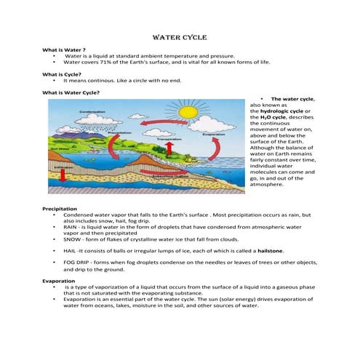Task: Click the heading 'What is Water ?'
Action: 63,49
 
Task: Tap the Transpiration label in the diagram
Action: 169,138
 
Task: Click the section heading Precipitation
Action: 60,209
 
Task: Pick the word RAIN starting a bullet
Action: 71,227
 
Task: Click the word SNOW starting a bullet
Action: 72,239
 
